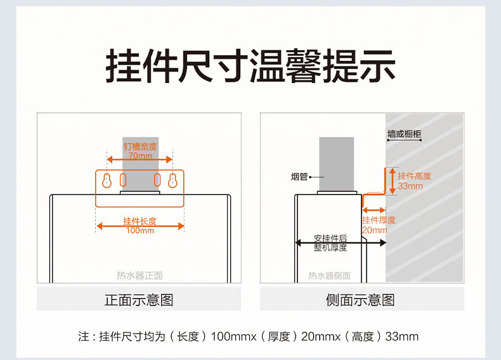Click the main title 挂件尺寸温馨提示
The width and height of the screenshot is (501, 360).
[x=251, y=65]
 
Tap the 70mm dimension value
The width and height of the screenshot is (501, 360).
[x=140, y=156]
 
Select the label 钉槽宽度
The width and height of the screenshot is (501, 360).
[x=140, y=146]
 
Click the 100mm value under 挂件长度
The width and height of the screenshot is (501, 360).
[x=140, y=231]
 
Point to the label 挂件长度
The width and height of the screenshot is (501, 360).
[x=140, y=221]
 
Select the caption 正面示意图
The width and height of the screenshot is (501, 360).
[x=139, y=300]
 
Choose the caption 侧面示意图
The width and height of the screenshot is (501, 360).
[x=360, y=300]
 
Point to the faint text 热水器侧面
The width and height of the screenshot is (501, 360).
[x=329, y=276]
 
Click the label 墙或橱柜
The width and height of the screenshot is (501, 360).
[x=405, y=134]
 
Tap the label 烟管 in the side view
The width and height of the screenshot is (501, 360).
[x=299, y=177]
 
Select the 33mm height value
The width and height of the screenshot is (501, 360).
[x=410, y=186]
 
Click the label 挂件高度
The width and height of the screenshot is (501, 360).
[x=414, y=176]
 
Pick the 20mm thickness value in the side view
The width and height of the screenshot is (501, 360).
[x=374, y=230]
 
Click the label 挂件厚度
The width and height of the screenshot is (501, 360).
[x=379, y=221]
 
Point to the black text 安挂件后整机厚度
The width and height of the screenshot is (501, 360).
[x=330, y=243]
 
